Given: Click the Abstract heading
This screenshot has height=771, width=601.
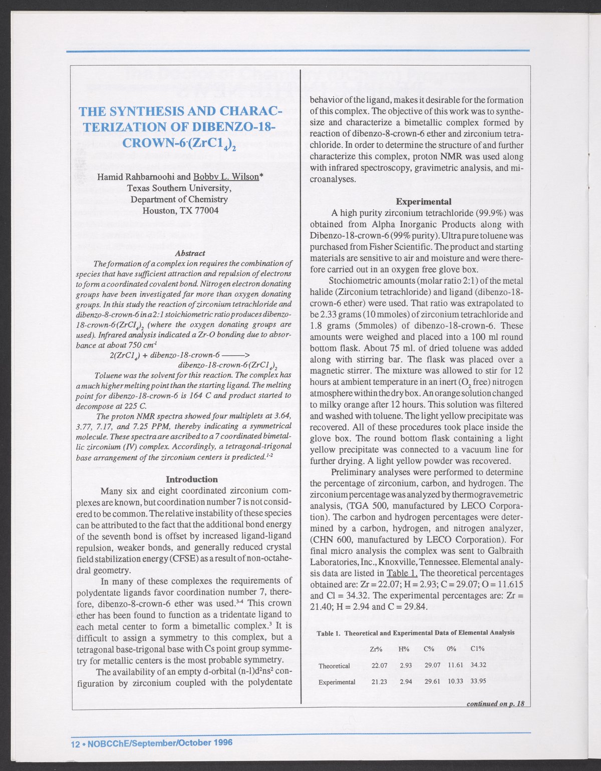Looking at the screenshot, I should tap(190, 253).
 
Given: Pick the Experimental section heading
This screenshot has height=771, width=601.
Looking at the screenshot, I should tap(423, 202).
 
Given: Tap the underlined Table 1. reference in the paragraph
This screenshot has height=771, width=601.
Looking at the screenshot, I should tap(405, 573).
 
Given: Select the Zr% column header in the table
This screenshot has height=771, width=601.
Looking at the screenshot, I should tap(376, 649).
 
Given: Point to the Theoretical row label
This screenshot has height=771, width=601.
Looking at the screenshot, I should tap(334, 665).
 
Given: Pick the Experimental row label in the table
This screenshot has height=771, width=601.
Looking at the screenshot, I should tap(337, 681).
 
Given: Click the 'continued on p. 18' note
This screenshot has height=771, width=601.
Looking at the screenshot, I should tap(495, 704).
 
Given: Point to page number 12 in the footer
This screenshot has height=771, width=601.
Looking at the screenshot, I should tap(75, 743).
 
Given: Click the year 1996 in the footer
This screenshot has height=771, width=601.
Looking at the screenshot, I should tap(223, 742).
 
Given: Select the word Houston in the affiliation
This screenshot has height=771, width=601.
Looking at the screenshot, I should tap(158, 210).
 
